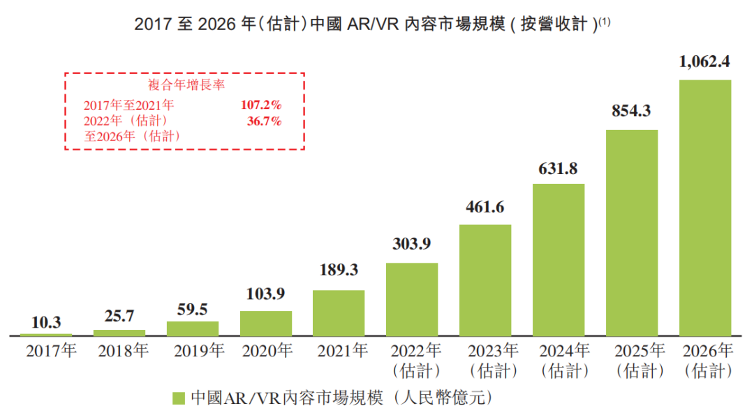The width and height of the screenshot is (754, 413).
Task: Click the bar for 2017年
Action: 46,335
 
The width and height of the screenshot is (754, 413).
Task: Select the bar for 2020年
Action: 266,323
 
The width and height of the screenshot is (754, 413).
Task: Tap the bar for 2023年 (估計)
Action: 485,280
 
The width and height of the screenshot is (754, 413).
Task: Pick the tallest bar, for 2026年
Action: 705,208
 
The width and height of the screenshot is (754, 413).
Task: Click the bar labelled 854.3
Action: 632,233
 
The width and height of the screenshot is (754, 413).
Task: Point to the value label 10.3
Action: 46,322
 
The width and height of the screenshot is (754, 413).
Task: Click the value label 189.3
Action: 339,270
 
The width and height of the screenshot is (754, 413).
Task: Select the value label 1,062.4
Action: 704,61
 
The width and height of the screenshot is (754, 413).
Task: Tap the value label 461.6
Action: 485,207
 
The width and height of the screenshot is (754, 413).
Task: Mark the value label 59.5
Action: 193,309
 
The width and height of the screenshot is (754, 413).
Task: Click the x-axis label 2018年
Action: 124,351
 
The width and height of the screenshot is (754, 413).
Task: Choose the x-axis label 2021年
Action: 342,350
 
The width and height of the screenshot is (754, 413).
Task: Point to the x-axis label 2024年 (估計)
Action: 565,361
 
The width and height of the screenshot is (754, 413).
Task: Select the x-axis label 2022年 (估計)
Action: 416,361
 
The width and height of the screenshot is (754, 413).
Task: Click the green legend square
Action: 179,398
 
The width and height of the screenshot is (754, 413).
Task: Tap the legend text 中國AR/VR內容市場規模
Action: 287,398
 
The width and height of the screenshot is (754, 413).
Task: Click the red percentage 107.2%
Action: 261,105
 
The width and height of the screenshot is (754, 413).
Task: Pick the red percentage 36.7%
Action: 265,121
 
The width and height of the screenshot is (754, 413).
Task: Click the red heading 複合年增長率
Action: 186,85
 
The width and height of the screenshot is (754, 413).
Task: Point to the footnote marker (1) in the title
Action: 605,21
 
